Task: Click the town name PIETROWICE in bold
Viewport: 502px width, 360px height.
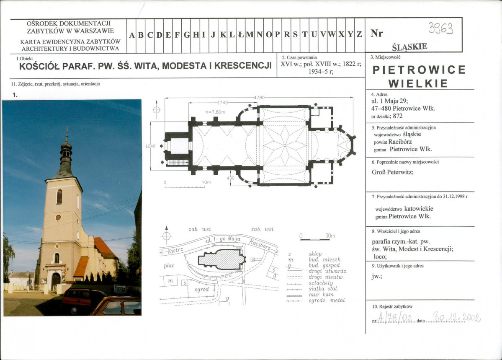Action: pos(419,70)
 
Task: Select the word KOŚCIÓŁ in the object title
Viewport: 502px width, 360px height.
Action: pos(41,66)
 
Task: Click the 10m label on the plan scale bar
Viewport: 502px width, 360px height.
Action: pos(206,183)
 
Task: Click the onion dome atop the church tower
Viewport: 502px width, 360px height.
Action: pos(66,148)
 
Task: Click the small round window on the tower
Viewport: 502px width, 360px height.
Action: pos(58,218)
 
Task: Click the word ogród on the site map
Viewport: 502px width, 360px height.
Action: pos(202,289)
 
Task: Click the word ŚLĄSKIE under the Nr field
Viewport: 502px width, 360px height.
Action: pos(409,46)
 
